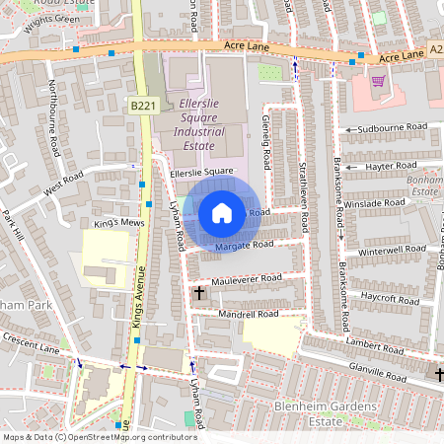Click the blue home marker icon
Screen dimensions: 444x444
[222, 212]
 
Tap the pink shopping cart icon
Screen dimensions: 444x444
[377, 82]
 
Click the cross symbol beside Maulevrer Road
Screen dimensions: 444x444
[198, 293]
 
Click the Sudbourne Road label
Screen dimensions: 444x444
[393, 128]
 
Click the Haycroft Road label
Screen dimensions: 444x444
[391, 297]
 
